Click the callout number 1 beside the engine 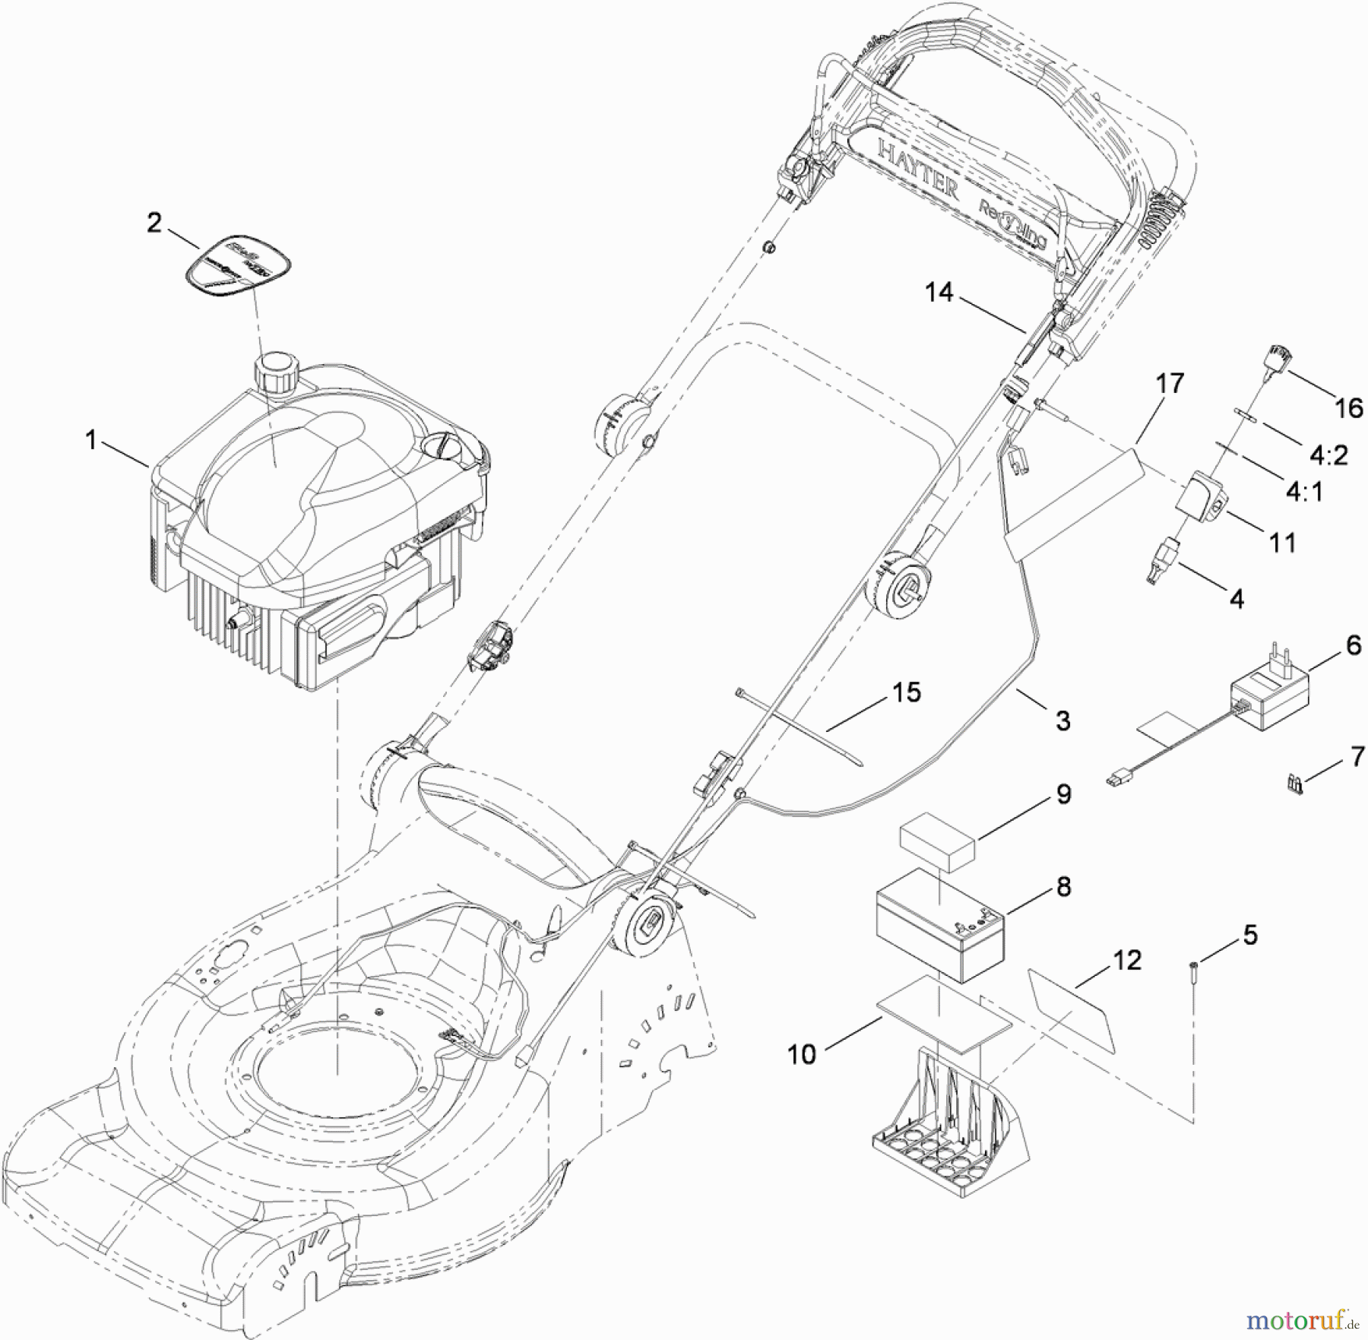pyautogui.click(x=91, y=440)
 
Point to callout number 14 pyautogui.click(x=939, y=293)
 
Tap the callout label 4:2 pyautogui.click(x=1328, y=455)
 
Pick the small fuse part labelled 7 pyautogui.click(x=1294, y=785)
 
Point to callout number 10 pyautogui.click(x=802, y=1054)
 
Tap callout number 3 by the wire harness pyautogui.click(x=1062, y=721)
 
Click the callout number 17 pyautogui.click(x=1170, y=383)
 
